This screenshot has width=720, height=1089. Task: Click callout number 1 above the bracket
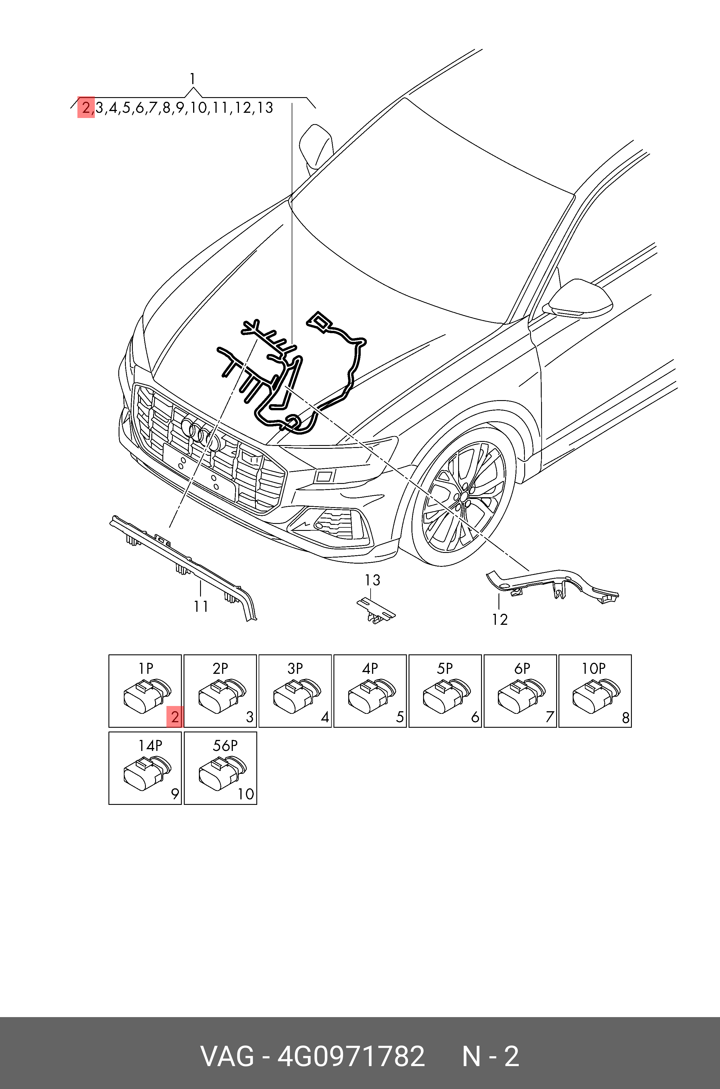click(x=193, y=79)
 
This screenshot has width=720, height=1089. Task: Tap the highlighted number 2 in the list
click(x=86, y=108)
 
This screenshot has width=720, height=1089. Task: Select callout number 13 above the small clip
click(x=372, y=580)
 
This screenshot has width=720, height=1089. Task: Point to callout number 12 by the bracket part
click(x=500, y=620)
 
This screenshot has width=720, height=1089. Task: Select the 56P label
click(x=225, y=746)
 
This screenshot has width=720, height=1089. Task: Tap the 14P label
click(x=150, y=746)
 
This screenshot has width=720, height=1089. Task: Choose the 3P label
click(x=295, y=669)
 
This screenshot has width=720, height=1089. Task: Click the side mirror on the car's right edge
click(x=578, y=299)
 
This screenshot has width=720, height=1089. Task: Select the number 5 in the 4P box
click(x=400, y=717)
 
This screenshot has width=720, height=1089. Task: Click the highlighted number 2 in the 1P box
click(x=175, y=717)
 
